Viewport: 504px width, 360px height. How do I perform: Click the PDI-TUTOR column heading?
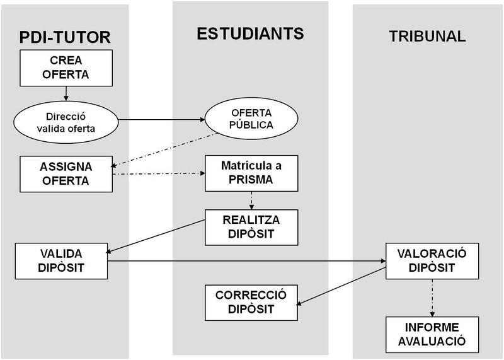tap(66, 37)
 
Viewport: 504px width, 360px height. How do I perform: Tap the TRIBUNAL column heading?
tap(427, 36)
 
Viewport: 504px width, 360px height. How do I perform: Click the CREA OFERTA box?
tap(66, 68)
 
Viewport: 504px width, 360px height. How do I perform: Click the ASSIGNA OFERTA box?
tap(66, 173)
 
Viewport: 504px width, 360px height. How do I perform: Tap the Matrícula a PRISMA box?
tap(251, 172)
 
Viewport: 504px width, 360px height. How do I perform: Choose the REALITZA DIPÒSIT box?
tap(251, 228)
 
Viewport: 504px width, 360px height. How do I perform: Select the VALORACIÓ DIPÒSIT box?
tap(432, 260)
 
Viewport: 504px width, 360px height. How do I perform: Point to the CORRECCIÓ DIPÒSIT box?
tap(251, 302)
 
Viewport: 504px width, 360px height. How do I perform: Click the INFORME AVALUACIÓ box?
tap(432, 334)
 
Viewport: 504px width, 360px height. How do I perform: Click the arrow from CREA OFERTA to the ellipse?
tap(66, 93)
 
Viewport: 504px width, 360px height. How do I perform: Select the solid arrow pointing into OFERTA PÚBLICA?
tap(161, 119)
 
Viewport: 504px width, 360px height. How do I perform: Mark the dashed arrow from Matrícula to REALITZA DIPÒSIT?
tap(251, 200)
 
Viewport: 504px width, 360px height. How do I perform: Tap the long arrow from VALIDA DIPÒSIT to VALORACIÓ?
tap(246, 260)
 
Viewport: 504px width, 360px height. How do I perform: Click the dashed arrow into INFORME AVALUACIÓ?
tap(432, 296)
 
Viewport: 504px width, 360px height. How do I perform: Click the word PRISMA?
tap(251, 179)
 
